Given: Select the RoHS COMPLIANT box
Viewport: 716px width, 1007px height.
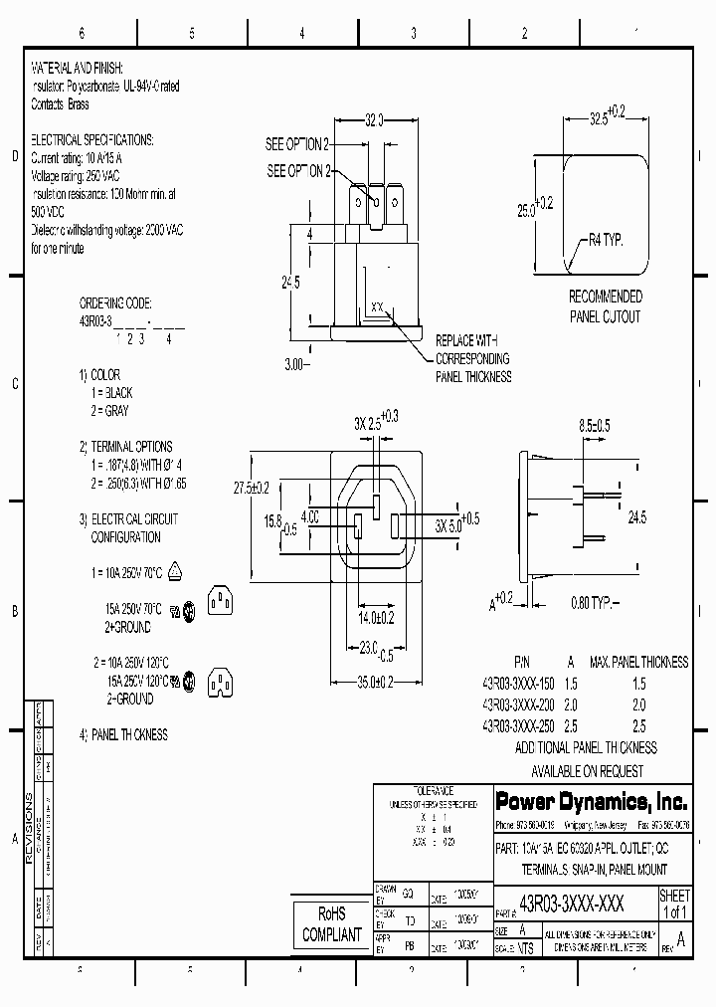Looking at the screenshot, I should point(331,924).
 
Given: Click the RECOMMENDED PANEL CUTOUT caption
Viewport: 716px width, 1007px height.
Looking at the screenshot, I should point(605,306).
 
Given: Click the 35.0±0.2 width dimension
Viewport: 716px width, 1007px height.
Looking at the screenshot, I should point(377,681).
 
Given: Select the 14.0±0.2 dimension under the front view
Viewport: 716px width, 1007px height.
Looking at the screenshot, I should point(377,618).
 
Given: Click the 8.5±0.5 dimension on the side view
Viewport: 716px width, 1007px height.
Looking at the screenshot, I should point(594,426).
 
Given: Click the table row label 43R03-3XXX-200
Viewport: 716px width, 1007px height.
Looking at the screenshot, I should point(518,705).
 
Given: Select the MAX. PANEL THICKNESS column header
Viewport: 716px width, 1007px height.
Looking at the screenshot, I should point(638,662).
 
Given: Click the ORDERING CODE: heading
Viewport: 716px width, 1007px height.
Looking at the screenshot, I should point(114,301).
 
